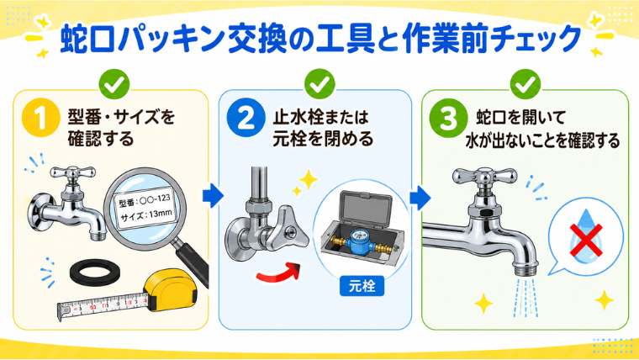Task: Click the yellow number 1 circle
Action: coord(40,118)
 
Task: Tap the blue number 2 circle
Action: coord(246,118)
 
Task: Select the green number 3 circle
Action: coord(448,118)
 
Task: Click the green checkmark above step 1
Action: coord(114,84)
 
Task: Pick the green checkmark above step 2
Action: coord(319,84)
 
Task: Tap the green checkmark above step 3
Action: coord(525,84)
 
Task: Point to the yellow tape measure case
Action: coord(172,289)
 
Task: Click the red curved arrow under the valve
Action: coord(279,273)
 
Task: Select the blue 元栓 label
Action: coord(362,286)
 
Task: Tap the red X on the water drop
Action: coord(586,240)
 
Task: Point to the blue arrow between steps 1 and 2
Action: coord(213,196)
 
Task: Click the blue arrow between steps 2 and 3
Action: coord(420,199)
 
